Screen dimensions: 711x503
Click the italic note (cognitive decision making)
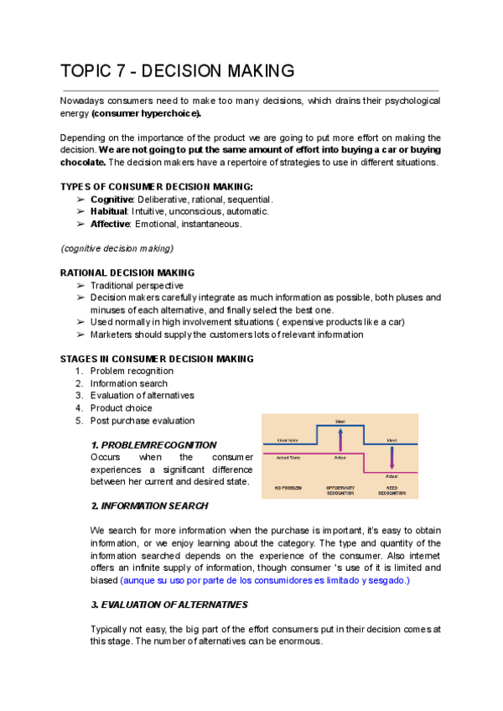pyautogui.click(x=117, y=248)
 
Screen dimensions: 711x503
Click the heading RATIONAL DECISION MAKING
pyautogui.click(x=127, y=272)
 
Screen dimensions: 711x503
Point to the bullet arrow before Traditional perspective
pyautogui.click(x=80, y=285)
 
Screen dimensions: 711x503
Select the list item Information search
pyautogui.click(x=128, y=383)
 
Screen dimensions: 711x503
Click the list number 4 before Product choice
pyautogui.click(x=79, y=408)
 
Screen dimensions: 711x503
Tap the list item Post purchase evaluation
pyautogui.click(x=142, y=421)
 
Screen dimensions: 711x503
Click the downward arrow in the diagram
pyautogui.click(x=392, y=459)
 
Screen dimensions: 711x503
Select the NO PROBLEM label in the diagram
pyautogui.click(x=288, y=487)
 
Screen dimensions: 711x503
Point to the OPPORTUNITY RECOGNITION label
pyautogui.click(x=340, y=490)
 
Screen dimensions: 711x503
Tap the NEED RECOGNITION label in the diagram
pyautogui.click(x=392, y=490)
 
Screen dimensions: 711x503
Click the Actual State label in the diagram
pyautogui.click(x=288, y=458)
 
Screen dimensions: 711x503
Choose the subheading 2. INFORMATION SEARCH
pyautogui.click(x=149, y=506)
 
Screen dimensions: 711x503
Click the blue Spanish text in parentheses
pyautogui.click(x=265, y=580)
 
